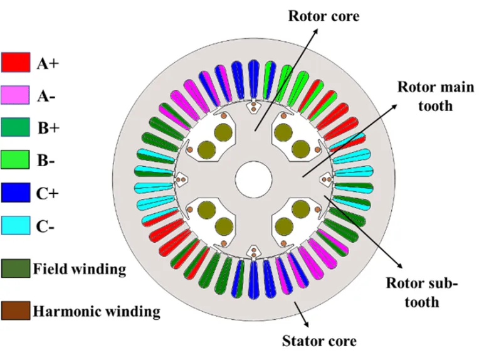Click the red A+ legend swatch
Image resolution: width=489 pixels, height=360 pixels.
coord(16,63)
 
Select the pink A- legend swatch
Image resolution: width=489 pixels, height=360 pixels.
coord(16,95)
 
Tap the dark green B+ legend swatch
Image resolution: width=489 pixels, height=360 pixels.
coord(16,127)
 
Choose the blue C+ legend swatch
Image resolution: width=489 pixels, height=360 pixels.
coord(16,192)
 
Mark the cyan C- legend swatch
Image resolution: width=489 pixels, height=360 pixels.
coord(16,225)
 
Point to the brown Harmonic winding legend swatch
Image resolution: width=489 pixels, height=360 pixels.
coord(16,310)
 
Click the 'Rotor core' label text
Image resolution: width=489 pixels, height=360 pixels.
coord(323,15)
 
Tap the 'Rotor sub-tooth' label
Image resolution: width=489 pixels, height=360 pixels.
coord(421,292)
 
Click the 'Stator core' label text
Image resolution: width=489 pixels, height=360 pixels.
coord(319,341)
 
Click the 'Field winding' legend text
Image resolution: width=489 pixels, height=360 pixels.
coord(80,270)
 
